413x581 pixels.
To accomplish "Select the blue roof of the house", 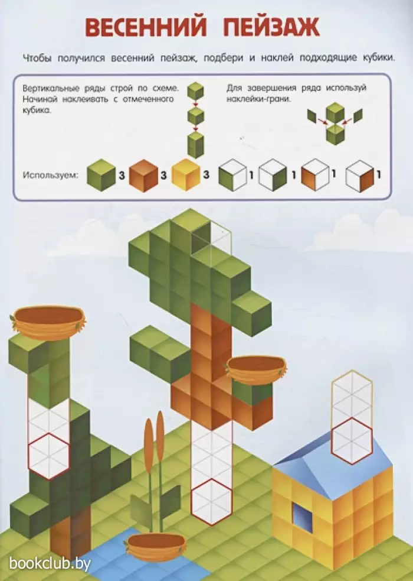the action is tap(333, 466).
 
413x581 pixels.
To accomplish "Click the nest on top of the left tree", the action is tap(48, 322).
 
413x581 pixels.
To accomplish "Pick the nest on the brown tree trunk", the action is tap(256, 369).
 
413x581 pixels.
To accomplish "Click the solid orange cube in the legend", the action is tap(143, 176).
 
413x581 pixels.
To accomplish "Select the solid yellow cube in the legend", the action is tap(186, 175).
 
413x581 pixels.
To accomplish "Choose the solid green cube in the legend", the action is tap(101, 176).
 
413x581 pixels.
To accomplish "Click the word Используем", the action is tap(51, 175).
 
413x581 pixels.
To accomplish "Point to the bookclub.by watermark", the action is tap(50, 564).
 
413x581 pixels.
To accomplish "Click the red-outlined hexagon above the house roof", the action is tap(352, 441).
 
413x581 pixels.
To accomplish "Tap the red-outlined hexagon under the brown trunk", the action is tap(211, 502).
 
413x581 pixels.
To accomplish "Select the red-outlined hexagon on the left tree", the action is tap(49, 456).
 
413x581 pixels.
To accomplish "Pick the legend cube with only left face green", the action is tap(232, 176).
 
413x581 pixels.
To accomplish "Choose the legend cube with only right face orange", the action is tap(360, 176).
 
